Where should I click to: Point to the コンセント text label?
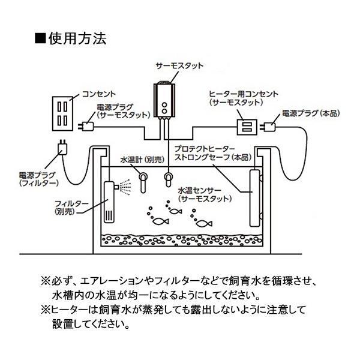(x=99, y=94)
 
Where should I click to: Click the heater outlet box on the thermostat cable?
(x=245, y=127)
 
